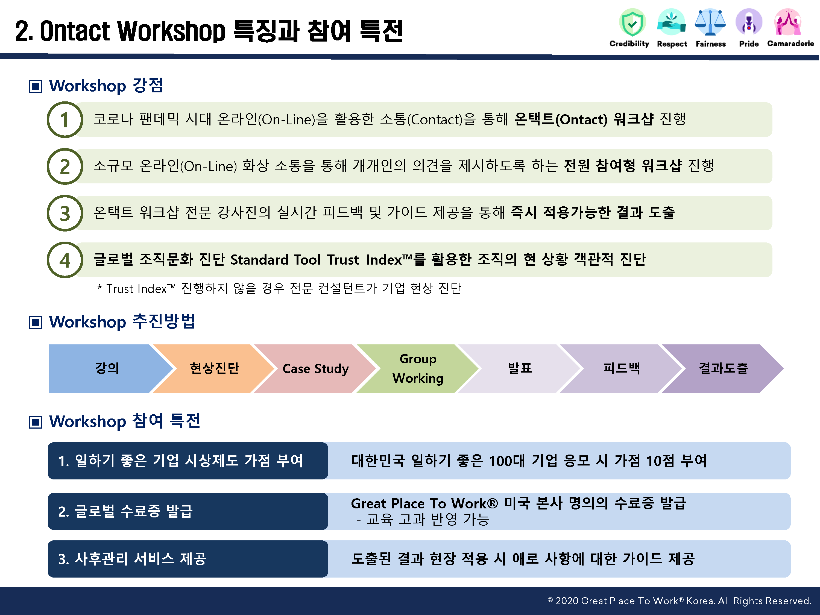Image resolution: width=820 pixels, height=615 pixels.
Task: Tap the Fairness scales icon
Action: [x=710, y=22]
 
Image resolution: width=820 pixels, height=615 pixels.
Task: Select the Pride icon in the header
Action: [x=749, y=22]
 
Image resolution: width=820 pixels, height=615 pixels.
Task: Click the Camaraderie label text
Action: [x=790, y=43]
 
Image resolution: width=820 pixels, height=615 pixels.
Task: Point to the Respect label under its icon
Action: [x=672, y=44]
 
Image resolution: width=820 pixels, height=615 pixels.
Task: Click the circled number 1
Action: [x=65, y=120]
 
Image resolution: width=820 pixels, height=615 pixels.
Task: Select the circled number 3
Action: [x=65, y=213]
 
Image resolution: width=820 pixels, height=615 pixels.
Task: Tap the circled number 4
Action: [x=65, y=260]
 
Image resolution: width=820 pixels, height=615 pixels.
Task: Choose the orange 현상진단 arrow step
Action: [x=214, y=368]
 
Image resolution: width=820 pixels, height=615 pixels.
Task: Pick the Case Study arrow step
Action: [x=315, y=368]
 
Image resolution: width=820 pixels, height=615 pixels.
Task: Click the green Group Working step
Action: [x=418, y=368]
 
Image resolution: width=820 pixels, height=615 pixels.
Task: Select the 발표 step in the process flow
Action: [x=519, y=368]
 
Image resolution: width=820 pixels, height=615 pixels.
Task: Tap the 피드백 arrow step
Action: [x=621, y=368]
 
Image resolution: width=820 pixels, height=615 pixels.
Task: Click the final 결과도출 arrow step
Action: [x=723, y=368]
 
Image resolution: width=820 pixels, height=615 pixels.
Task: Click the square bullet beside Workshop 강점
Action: [x=35, y=86]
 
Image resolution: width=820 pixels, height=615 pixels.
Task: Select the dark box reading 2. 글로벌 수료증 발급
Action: [x=188, y=511]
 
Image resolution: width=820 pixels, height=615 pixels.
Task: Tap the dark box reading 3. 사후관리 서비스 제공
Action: [x=188, y=559]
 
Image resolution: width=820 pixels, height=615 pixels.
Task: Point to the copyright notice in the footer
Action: [x=680, y=601]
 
